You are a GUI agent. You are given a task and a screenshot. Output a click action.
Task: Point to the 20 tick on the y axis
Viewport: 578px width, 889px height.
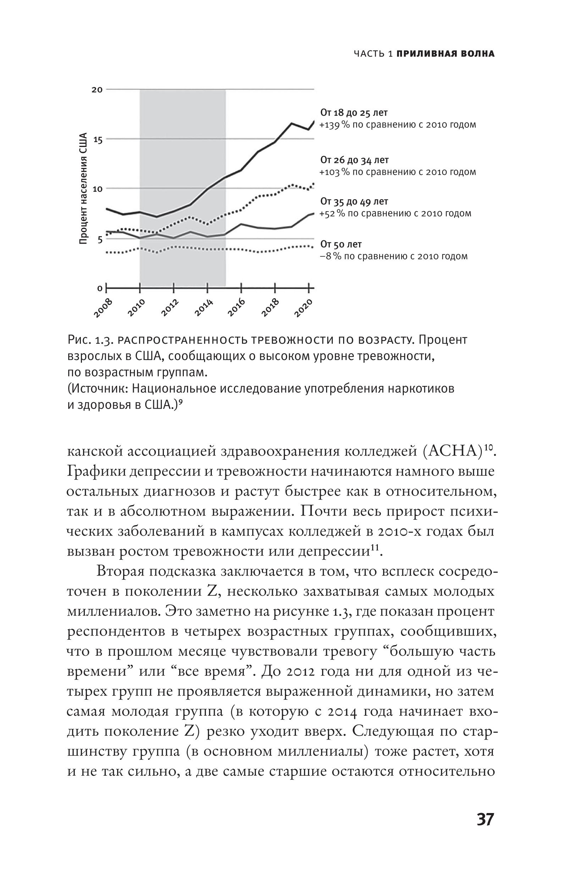point(97,90)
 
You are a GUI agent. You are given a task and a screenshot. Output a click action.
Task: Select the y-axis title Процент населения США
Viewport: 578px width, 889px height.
point(83,189)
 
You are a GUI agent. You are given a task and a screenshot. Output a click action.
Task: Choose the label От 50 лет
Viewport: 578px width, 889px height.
point(341,244)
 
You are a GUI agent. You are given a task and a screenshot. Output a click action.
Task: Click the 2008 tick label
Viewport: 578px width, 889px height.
point(103,308)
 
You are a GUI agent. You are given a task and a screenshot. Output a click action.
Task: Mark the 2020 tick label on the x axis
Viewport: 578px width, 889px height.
point(303,308)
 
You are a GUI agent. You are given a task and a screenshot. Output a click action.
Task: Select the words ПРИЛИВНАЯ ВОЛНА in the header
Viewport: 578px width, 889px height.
point(445,54)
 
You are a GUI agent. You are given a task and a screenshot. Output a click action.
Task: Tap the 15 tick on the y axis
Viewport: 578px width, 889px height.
point(98,139)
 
